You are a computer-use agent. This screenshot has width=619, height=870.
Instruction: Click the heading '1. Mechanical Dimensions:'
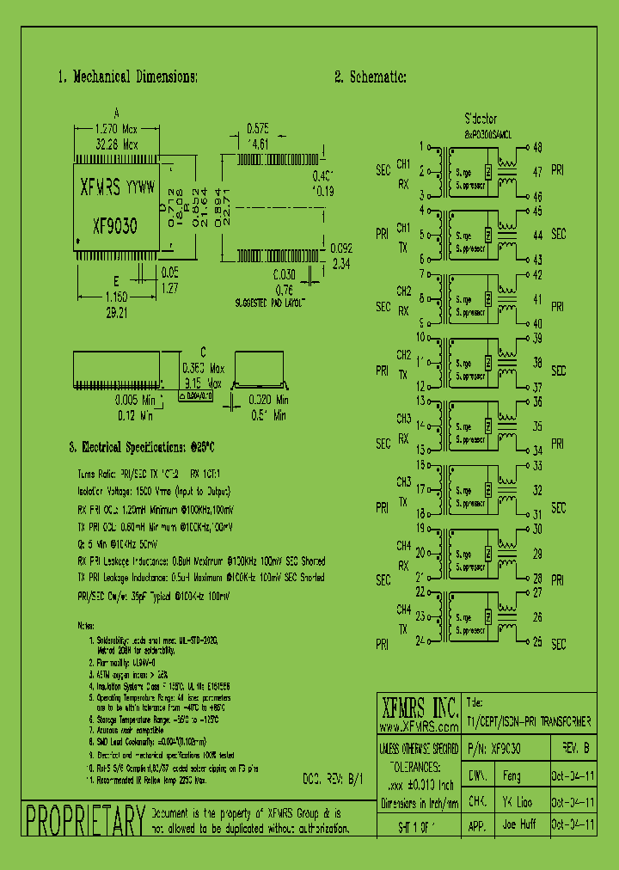[127, 77]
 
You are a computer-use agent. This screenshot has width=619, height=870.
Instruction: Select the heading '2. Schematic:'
[370, 77]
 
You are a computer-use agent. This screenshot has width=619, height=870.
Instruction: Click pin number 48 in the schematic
[537, 147]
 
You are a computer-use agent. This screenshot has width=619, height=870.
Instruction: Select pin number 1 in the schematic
[421, 147]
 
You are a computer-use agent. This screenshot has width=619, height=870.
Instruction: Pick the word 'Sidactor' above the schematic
[481, 119]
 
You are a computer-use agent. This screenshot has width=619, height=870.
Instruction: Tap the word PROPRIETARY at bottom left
[84, 822]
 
